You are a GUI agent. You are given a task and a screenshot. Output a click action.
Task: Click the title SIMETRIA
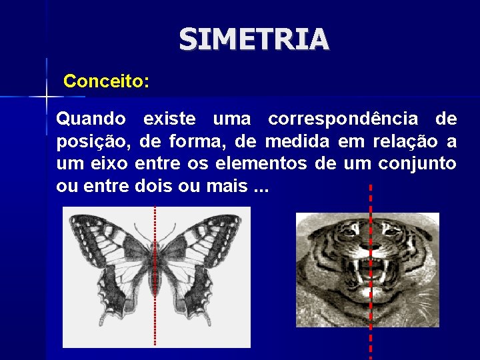(x=254, y=40)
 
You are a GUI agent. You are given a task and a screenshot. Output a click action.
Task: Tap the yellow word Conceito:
(x=106, y=82)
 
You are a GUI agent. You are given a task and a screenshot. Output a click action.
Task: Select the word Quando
(x=91, y=119)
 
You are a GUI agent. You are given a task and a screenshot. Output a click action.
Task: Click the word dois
(x=153, y=186)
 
